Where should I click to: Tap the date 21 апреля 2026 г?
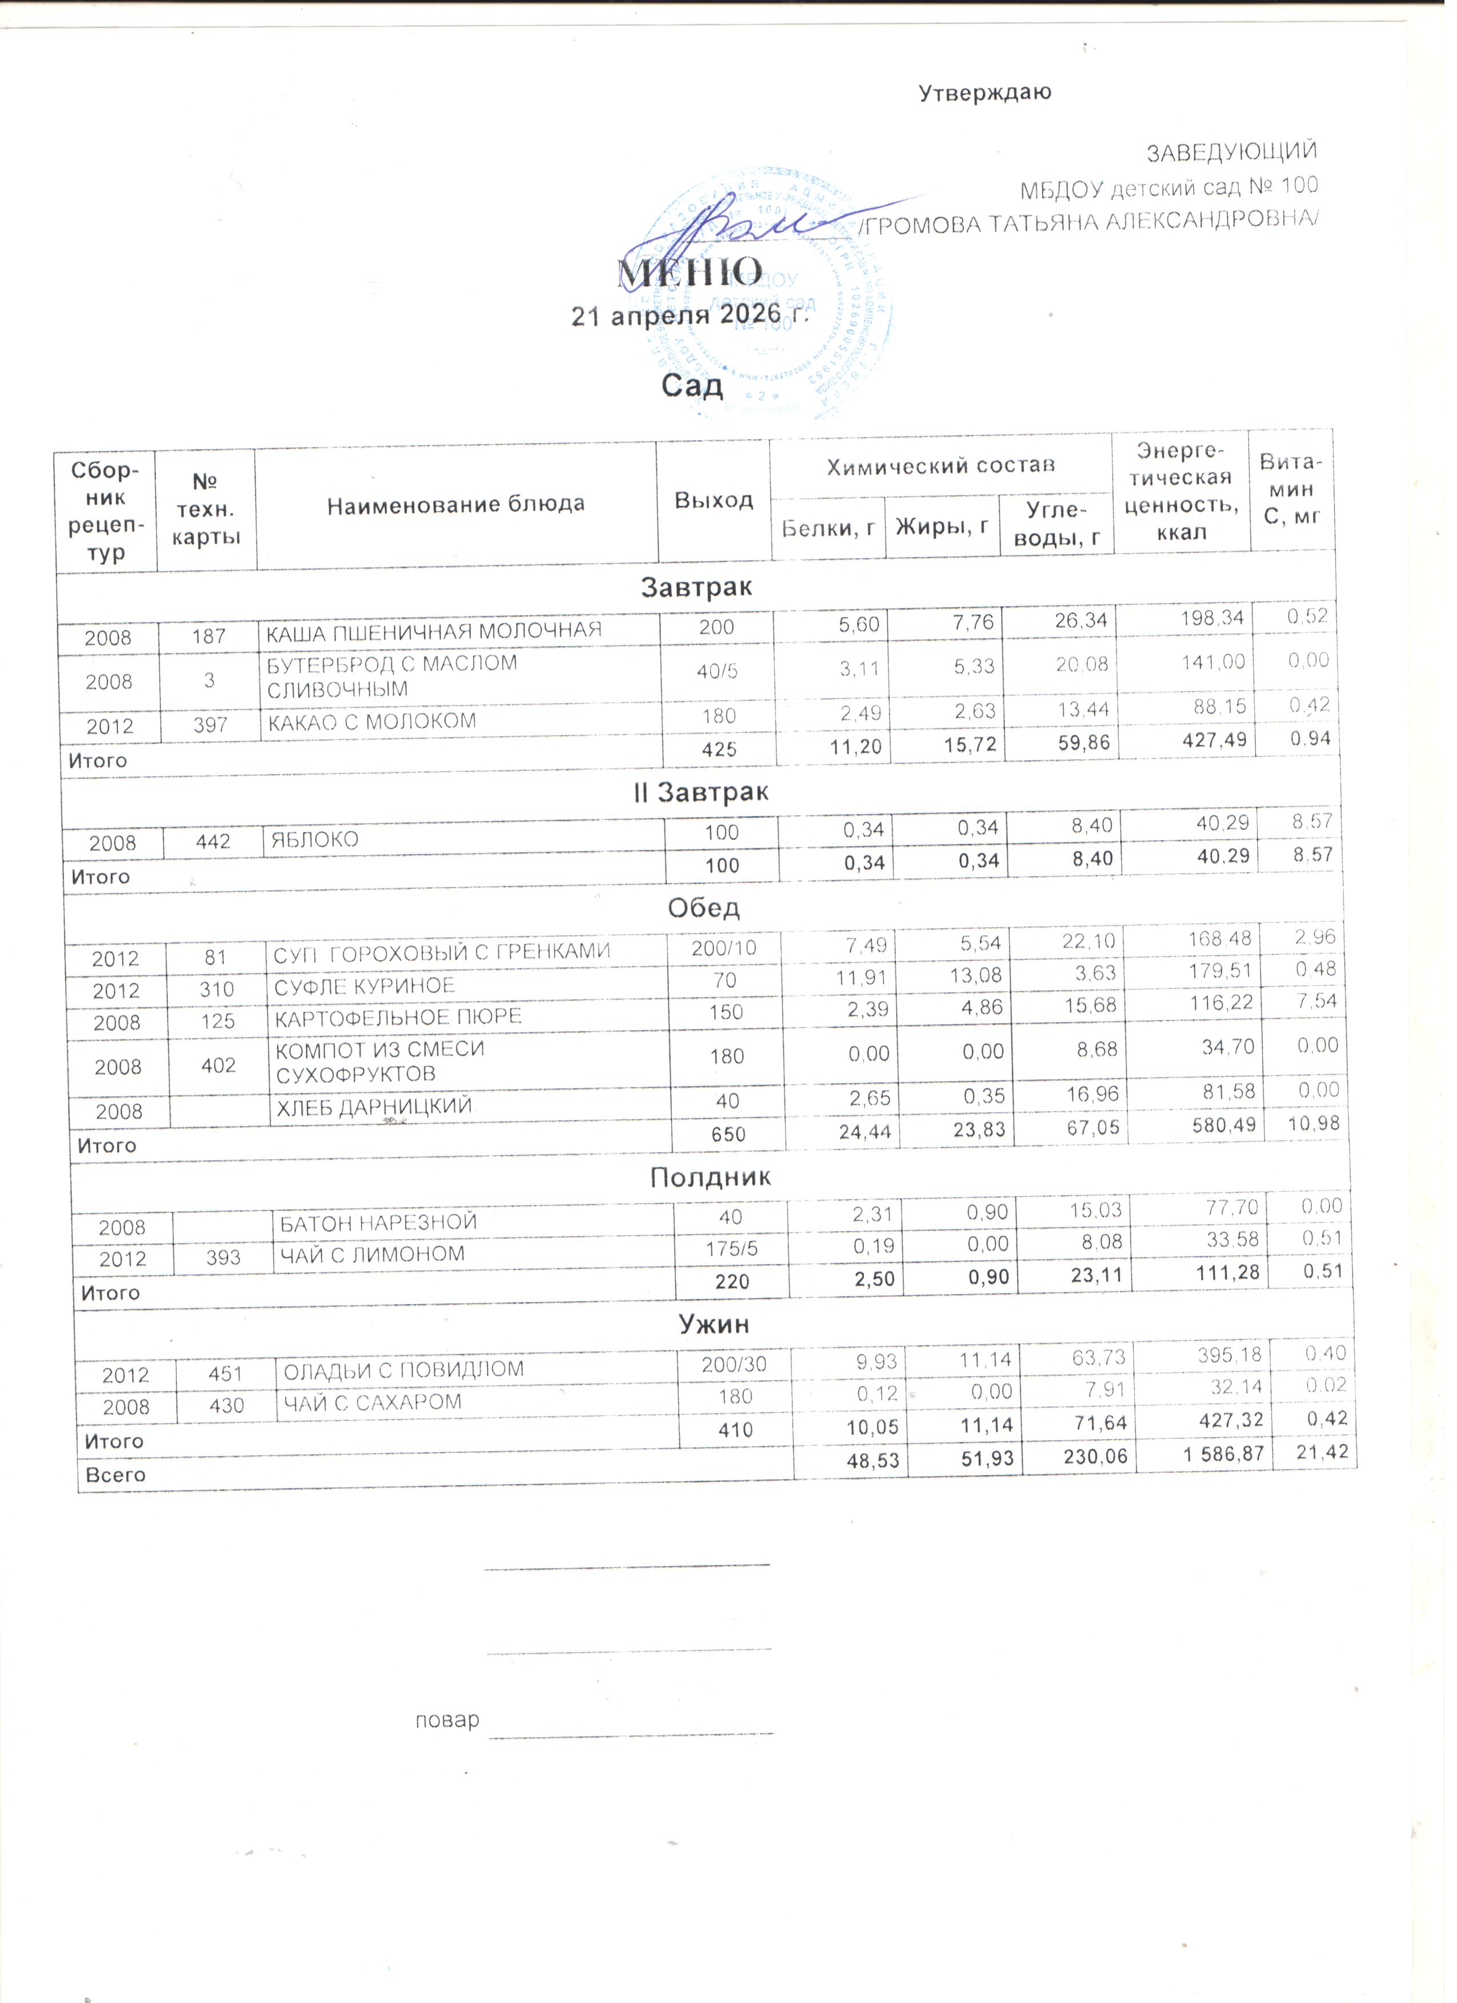691,315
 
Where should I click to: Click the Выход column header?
714,500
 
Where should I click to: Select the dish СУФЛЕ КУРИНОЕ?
365,987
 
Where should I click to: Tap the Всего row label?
115,1475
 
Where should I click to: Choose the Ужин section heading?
714,1325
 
